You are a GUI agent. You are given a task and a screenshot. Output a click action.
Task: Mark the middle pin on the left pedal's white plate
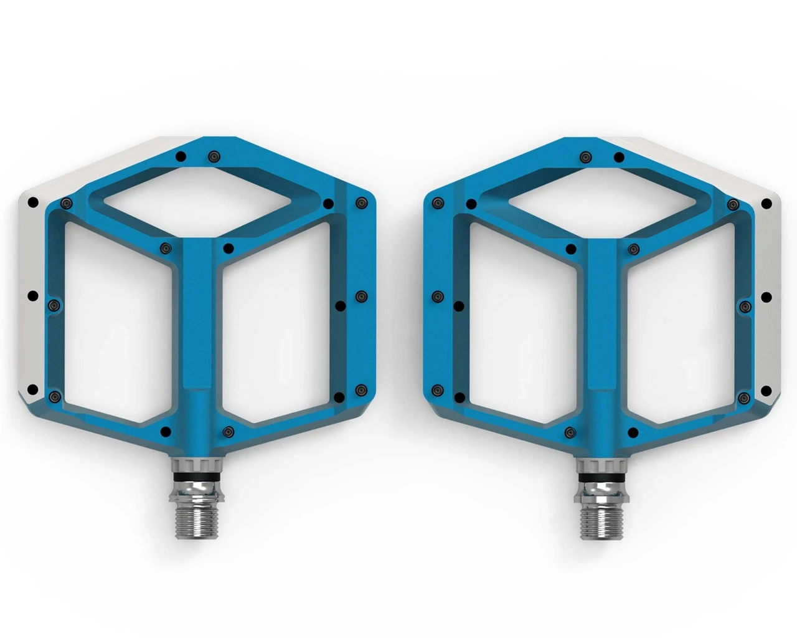coord(34,295)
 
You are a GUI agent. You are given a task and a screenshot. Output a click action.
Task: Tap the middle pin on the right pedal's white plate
coord(766,297)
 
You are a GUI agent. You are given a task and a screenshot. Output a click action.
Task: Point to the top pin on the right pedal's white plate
coord(766,202)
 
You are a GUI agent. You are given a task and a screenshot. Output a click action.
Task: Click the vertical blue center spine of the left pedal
coord(198,324)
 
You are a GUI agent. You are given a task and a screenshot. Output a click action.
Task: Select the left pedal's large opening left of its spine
coord(118,324)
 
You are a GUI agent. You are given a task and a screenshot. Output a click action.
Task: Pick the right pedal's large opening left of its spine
coord(523,324)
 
